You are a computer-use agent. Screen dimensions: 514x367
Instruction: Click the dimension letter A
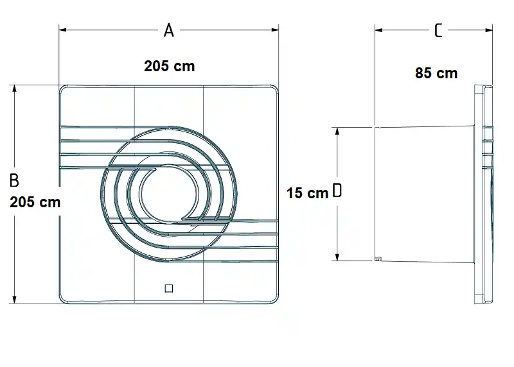pyautogui.click(x=169, y=30)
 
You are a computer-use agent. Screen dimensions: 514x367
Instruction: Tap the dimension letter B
pyautogui.click(x=14, y=180)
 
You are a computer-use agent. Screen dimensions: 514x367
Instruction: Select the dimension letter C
pyautogui.click(x=438, y=30)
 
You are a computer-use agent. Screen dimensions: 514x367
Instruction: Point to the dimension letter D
pyautogui.click(x=337, y=190)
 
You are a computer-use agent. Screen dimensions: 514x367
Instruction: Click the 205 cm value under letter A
pyautogui.click(x=170, y=66)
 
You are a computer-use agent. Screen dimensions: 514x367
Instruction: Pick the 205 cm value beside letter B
pyautogui.click(x=35, y=202)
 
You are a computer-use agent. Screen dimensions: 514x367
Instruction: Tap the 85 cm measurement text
pyautogui.click(x=436, y=73)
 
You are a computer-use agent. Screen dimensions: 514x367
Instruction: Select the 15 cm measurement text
pyautogui.click(x=308, y=193)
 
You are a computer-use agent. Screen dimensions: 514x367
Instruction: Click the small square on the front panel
pyautogui.click(x=169, y=289)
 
